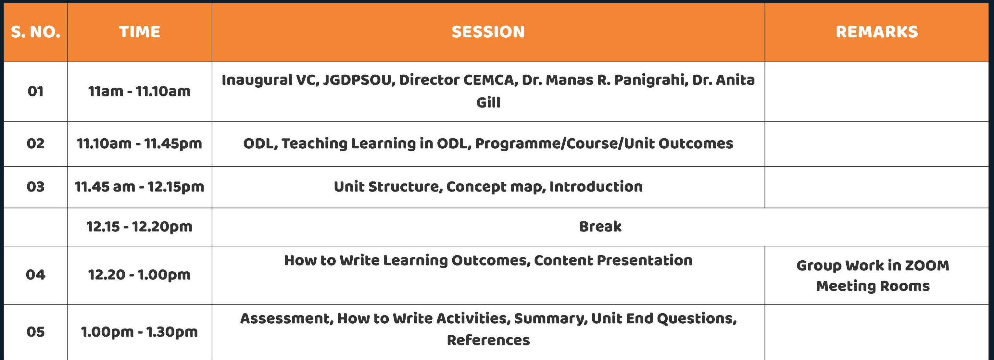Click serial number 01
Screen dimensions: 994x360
[35, 92]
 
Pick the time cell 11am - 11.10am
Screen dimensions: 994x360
[139, 92]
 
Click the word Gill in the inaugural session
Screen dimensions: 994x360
[488, 102]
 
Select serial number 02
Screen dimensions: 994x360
[35, 143]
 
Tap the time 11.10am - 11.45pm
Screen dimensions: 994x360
[139, 144]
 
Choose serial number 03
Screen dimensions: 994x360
[35, 187]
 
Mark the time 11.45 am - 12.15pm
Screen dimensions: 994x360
[139, 187]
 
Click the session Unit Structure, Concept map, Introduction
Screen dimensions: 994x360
[488, 187]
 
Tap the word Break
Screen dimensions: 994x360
[600, 227]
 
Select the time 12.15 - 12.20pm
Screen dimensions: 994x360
[139, 227]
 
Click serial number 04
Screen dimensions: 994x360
[35, 275]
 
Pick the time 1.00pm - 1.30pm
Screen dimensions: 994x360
[139, 332]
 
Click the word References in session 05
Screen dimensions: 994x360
[488, 340]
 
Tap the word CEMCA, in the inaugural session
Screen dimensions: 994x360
[490, 80]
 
